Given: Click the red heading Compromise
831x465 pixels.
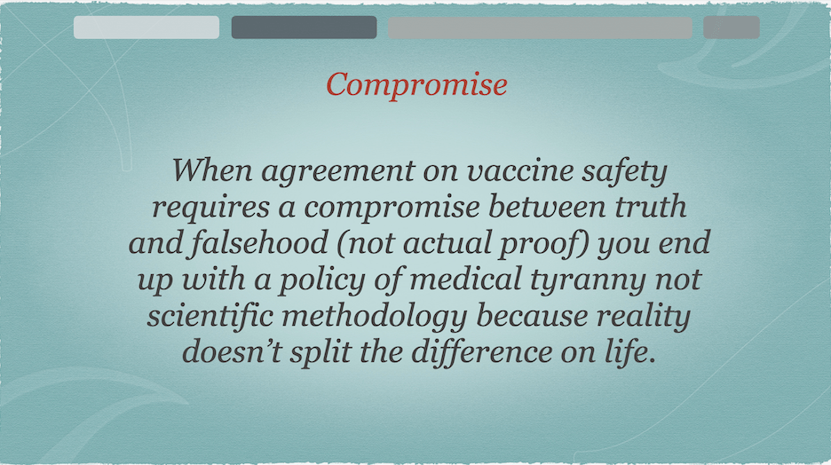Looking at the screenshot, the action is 416,84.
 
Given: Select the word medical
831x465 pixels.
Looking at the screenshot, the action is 466,280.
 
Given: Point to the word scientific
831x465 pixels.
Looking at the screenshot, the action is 210,316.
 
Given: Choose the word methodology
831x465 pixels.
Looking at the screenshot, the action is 375,317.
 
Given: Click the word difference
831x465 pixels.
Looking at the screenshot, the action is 482,351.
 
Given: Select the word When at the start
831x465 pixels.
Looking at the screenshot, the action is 212,170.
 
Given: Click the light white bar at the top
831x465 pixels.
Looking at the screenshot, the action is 146,27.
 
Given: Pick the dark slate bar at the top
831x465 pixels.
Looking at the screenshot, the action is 305,27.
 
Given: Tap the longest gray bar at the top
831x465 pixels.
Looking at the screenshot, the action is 540,27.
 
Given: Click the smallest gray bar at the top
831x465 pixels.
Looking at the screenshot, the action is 732,27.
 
